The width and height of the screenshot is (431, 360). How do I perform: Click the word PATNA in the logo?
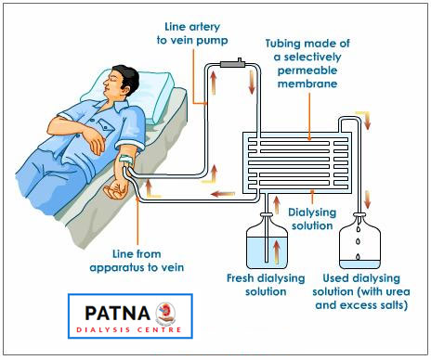click(118, 313)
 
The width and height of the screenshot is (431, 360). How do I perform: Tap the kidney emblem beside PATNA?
click(165, 313)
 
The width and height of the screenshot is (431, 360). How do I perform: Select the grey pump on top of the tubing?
click(233, 64)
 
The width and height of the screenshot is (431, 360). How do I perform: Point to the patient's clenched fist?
click(115, 190)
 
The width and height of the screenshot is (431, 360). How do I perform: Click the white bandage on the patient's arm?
click(126, 159)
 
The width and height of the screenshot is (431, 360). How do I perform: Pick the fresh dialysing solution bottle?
click(267, 241)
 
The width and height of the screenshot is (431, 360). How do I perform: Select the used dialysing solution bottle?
click(359, 241)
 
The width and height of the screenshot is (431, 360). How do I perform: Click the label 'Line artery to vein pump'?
click(192, 33)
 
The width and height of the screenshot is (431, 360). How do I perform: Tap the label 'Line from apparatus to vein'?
click(137, 261)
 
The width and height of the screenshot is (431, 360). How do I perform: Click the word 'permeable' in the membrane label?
click(307, 71)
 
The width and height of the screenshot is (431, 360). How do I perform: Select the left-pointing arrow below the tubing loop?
click(222, 194)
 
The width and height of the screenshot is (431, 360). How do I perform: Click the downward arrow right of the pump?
click(252, 82)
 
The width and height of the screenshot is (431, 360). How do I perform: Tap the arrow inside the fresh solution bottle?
click(277, 251)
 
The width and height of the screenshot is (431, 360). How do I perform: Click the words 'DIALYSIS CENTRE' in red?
click(129, 329)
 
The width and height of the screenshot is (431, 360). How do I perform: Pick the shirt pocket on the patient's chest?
click(106, 123)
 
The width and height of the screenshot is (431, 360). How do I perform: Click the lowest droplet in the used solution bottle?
click(359, 256)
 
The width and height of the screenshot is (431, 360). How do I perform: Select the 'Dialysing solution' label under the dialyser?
click(312, 219)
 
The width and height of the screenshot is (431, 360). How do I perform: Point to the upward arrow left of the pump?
click(214, 83)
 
